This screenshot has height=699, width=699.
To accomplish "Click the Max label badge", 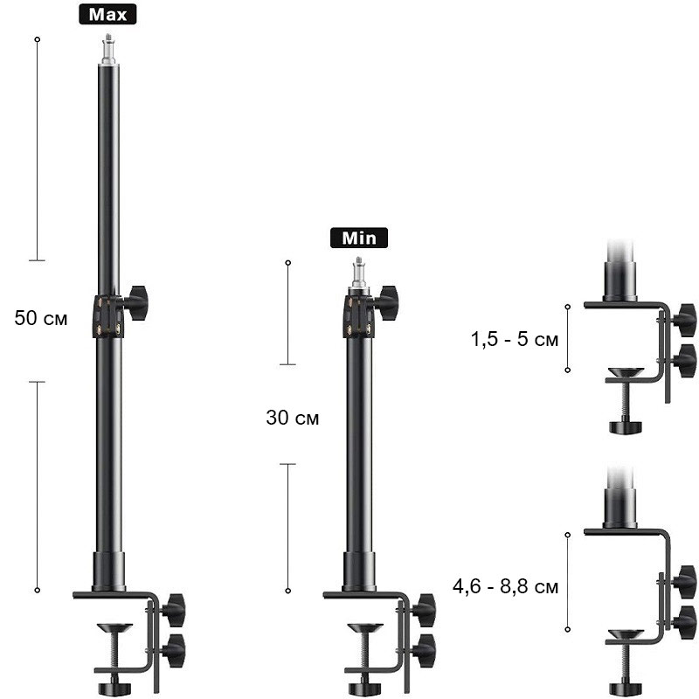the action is [107, 14].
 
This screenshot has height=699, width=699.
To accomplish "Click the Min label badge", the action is [359, 238].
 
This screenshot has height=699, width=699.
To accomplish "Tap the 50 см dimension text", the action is [40, 318].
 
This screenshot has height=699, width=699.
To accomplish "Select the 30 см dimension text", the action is [293, 418].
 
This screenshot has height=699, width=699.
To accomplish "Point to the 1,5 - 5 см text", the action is [515, 339].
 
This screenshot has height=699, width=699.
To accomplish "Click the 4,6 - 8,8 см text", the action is [506, 586].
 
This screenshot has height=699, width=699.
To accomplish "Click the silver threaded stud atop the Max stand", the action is [107, 49].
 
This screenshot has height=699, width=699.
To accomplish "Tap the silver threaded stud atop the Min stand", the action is [359, 273].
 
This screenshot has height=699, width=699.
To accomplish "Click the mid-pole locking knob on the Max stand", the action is [135, 303].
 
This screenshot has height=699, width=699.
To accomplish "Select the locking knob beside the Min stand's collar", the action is [386, 303].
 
